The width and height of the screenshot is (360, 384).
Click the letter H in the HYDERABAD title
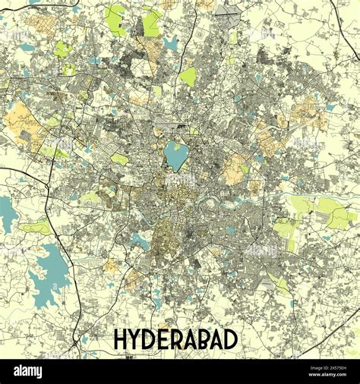tap(121, 339)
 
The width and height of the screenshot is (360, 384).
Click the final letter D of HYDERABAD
tap(230, 339)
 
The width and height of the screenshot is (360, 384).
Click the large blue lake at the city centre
tap(176, 156)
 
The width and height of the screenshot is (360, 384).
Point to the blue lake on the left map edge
tap(8, 212)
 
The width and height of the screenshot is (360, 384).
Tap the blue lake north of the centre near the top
tap(172, 44)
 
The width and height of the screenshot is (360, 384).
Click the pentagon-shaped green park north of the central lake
tap(188, 77)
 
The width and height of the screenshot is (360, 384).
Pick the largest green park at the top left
tap(115, 20)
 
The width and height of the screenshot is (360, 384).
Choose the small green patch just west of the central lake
tap(120, 159)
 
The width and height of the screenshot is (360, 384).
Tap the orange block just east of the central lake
tap(234, 170)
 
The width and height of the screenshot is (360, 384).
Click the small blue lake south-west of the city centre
tap(140, 241)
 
